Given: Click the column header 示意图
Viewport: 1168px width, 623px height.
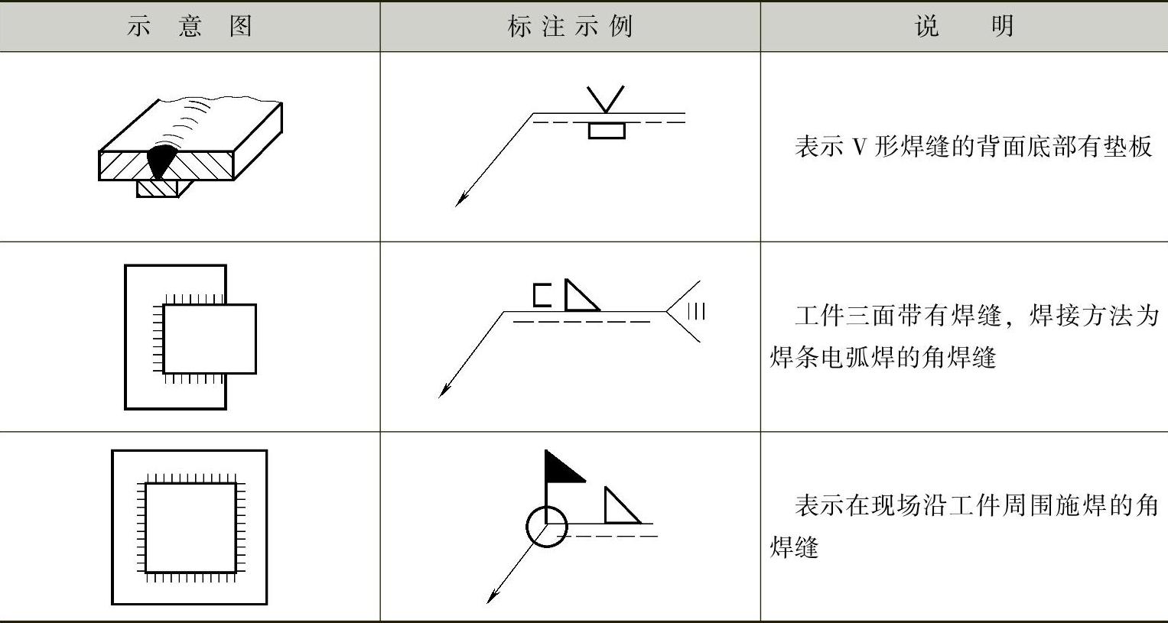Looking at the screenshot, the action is point(190,26).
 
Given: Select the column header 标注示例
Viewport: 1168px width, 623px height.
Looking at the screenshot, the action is point(570,26).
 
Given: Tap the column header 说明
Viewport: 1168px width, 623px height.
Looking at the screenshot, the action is point(965,26).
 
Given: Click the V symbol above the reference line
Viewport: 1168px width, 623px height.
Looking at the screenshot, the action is point(605,99).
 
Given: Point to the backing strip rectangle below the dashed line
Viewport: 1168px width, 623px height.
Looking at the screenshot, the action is point(607,131).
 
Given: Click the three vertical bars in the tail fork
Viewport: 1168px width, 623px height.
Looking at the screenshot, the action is point(697,312).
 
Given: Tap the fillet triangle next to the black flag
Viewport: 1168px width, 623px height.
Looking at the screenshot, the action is point(622,505).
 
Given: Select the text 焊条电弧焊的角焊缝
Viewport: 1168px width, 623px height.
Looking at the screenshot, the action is point(883,359).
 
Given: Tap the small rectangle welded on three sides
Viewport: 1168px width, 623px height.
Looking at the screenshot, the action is point(255,339).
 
